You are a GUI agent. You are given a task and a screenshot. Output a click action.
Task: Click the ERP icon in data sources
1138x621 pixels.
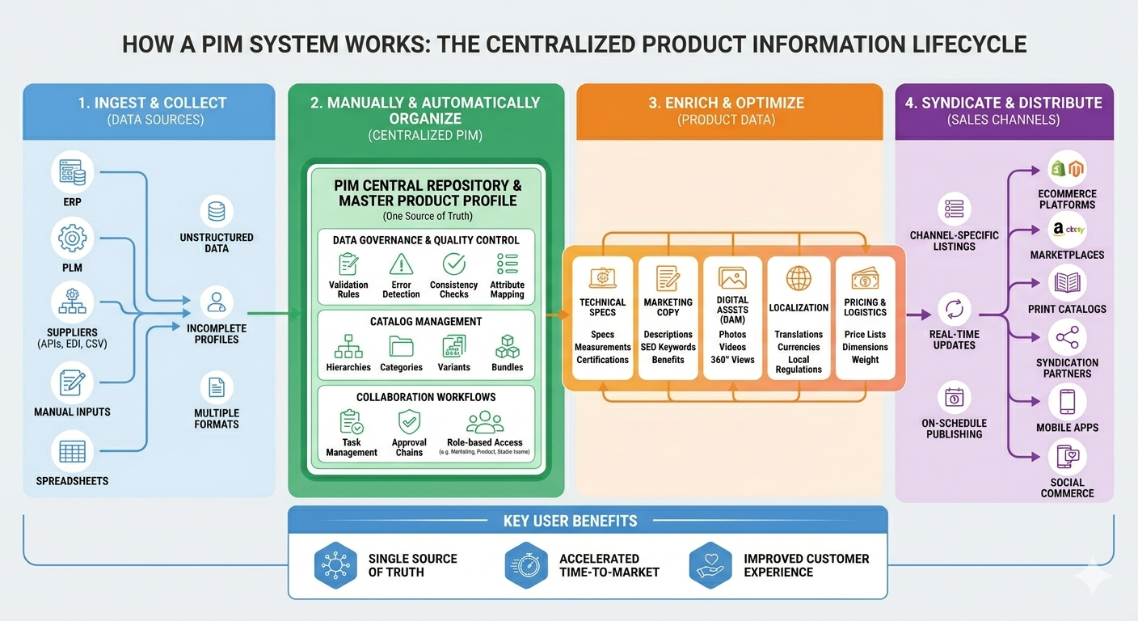[73, 172]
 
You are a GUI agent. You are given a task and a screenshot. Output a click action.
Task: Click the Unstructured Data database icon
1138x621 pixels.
[216, 212]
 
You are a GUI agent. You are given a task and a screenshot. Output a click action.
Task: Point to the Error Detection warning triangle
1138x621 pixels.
[401, 264]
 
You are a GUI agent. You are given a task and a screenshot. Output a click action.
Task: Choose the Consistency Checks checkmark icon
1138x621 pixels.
[453, 264]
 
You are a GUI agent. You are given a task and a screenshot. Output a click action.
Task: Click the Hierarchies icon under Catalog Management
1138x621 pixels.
[348, 346]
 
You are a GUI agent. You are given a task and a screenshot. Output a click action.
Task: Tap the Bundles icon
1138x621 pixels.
[507, 346]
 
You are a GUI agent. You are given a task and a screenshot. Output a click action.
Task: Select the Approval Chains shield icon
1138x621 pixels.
[409, 421]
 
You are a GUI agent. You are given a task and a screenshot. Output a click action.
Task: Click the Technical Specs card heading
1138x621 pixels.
[602, 307]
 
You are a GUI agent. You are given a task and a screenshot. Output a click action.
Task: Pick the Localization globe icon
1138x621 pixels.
[799, 279]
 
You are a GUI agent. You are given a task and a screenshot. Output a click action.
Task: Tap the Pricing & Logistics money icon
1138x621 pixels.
[865, 280]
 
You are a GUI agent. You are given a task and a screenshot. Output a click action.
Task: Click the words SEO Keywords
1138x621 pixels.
[668, 347]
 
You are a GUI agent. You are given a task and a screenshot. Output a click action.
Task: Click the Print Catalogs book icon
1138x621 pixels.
[1067, 283]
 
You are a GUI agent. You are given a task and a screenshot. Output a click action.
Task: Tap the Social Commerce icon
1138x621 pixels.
[1067, 458]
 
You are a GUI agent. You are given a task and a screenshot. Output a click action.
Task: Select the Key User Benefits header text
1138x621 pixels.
[570, 521]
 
